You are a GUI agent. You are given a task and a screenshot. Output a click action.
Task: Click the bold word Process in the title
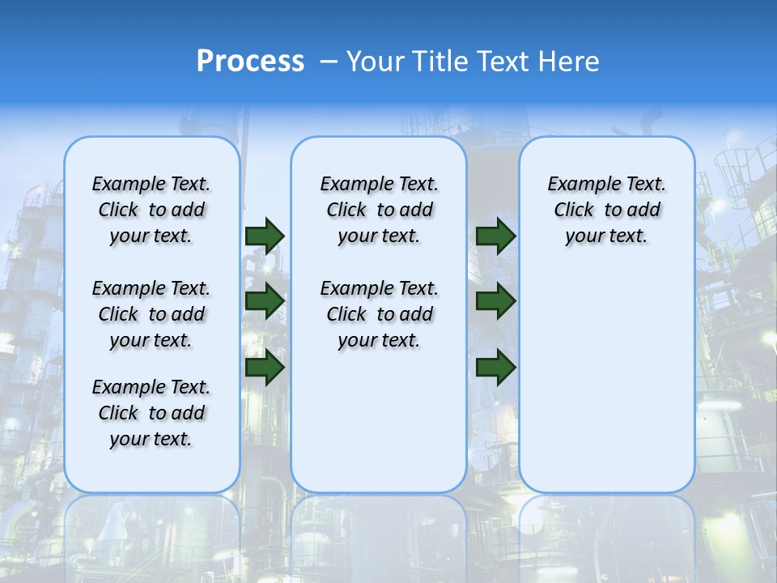point(250,62)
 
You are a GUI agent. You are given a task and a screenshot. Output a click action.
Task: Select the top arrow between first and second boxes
point(265,236)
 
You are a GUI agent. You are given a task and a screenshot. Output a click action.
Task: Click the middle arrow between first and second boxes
point(265,301)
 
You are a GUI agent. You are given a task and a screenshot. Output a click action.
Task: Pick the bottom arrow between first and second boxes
point(265,368)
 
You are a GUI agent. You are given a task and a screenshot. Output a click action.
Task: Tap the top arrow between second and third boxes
point(495,236)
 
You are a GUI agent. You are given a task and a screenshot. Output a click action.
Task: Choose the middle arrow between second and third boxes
point(495,301)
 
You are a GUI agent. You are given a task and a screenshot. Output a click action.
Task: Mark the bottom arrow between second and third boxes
point(495,368)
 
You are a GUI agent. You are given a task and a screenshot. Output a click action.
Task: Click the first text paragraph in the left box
point(151,210)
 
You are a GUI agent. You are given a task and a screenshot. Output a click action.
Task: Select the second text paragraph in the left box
point(151,314)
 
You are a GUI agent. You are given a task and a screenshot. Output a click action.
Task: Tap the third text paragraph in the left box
point(151,413)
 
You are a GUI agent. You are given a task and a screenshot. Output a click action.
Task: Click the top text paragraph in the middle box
point(379,210)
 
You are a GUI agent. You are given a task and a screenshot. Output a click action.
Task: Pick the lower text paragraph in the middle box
point(379,314)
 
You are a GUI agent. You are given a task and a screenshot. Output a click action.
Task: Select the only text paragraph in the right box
point(607,210)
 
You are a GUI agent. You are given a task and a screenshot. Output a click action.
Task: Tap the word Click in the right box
point(574,211)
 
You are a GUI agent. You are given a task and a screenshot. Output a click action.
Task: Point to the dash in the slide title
point(329,62)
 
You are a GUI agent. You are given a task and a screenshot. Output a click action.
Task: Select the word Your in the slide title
point(375,62)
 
